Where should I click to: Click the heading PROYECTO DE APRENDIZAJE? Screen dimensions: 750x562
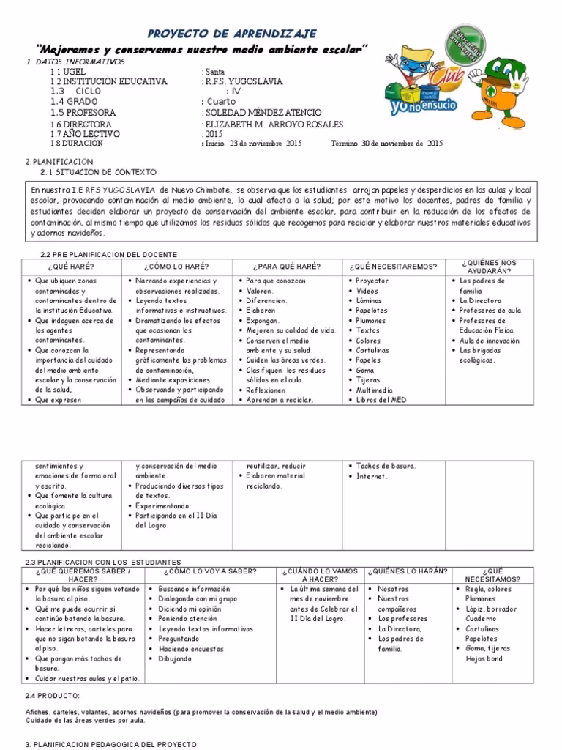click(x=233, y=34)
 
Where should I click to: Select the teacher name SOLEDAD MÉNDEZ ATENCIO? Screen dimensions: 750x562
click(x=263, y=114)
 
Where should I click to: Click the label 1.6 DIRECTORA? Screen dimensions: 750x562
click(x=81, y=125)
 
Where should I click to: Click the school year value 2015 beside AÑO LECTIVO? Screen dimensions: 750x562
click(x=213, y=135)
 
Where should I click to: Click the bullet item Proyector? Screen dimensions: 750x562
click(x=372, y=281)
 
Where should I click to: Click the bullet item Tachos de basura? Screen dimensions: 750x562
click(x=386, y=466)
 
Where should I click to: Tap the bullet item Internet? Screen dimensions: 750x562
click(x=372, y=476)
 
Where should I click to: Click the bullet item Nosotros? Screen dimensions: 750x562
click(x=394, y=589)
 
